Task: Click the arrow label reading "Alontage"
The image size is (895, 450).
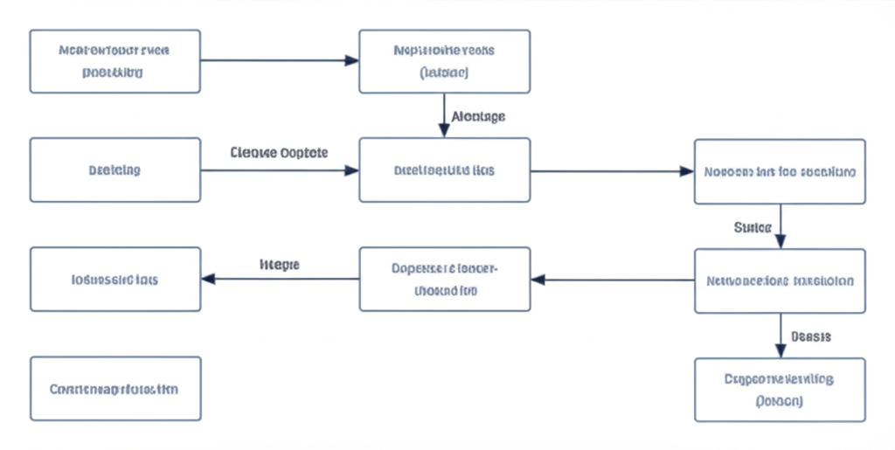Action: point(478,115)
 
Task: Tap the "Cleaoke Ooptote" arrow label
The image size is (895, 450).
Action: point(279,152)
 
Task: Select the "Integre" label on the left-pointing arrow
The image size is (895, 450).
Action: point(280,263)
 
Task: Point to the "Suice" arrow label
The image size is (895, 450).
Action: point(752,228)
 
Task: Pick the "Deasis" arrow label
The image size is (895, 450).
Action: point(810,336)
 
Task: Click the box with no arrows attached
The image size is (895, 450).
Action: point(115,389)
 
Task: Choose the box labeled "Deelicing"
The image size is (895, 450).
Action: point(115,170)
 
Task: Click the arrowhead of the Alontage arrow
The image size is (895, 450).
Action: point(444,131)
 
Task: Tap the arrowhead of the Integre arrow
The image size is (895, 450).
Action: point(208,280)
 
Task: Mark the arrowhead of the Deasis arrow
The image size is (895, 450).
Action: point(780,351)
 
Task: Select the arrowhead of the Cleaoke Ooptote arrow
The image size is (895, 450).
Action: point(352,170)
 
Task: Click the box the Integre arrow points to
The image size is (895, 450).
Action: point(115,280)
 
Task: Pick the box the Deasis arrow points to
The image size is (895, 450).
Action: point(780,389)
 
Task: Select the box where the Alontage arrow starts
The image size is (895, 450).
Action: point(444,61)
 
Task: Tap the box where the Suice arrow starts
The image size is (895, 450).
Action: point(780,171)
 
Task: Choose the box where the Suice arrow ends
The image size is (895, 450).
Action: point(780,280)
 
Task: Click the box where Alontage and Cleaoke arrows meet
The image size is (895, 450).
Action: point(444,170)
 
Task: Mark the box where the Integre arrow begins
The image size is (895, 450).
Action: point(444,280)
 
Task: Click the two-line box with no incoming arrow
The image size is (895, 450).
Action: point(115,61)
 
